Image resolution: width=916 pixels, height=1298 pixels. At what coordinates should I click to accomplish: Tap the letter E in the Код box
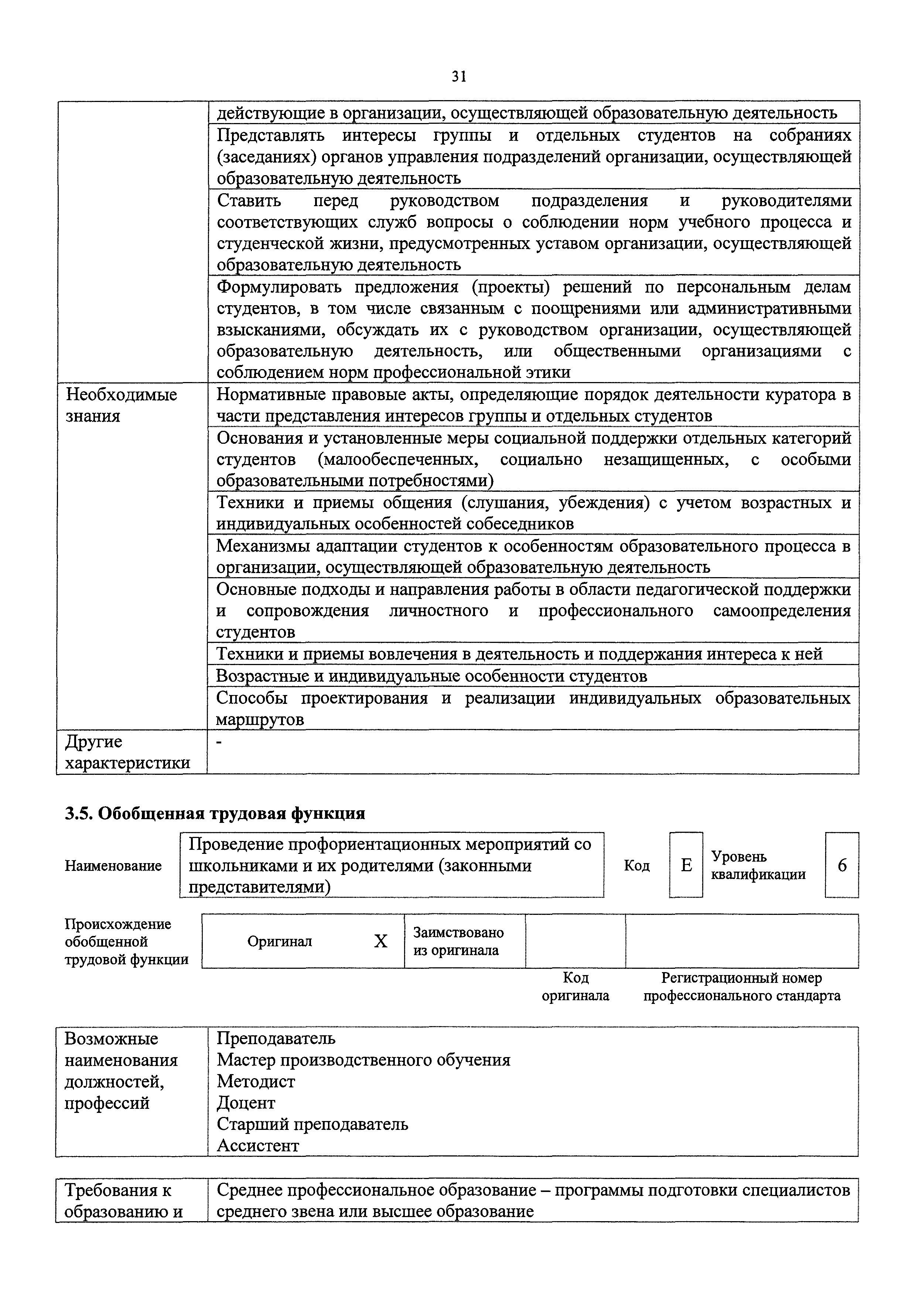(686, 865)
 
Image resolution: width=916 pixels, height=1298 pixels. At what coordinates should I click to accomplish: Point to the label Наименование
(113, 866)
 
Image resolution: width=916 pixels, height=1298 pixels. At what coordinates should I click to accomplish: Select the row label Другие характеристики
(127, 752)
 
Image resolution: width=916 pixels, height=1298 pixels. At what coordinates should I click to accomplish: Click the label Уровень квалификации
(758, 865)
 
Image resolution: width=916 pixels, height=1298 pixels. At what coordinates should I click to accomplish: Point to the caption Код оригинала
(575, 987)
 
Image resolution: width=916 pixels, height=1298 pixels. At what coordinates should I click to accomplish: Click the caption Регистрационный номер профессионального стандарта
(741, 987)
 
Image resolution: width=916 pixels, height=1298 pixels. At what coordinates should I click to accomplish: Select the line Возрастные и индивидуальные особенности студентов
(432, 676)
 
